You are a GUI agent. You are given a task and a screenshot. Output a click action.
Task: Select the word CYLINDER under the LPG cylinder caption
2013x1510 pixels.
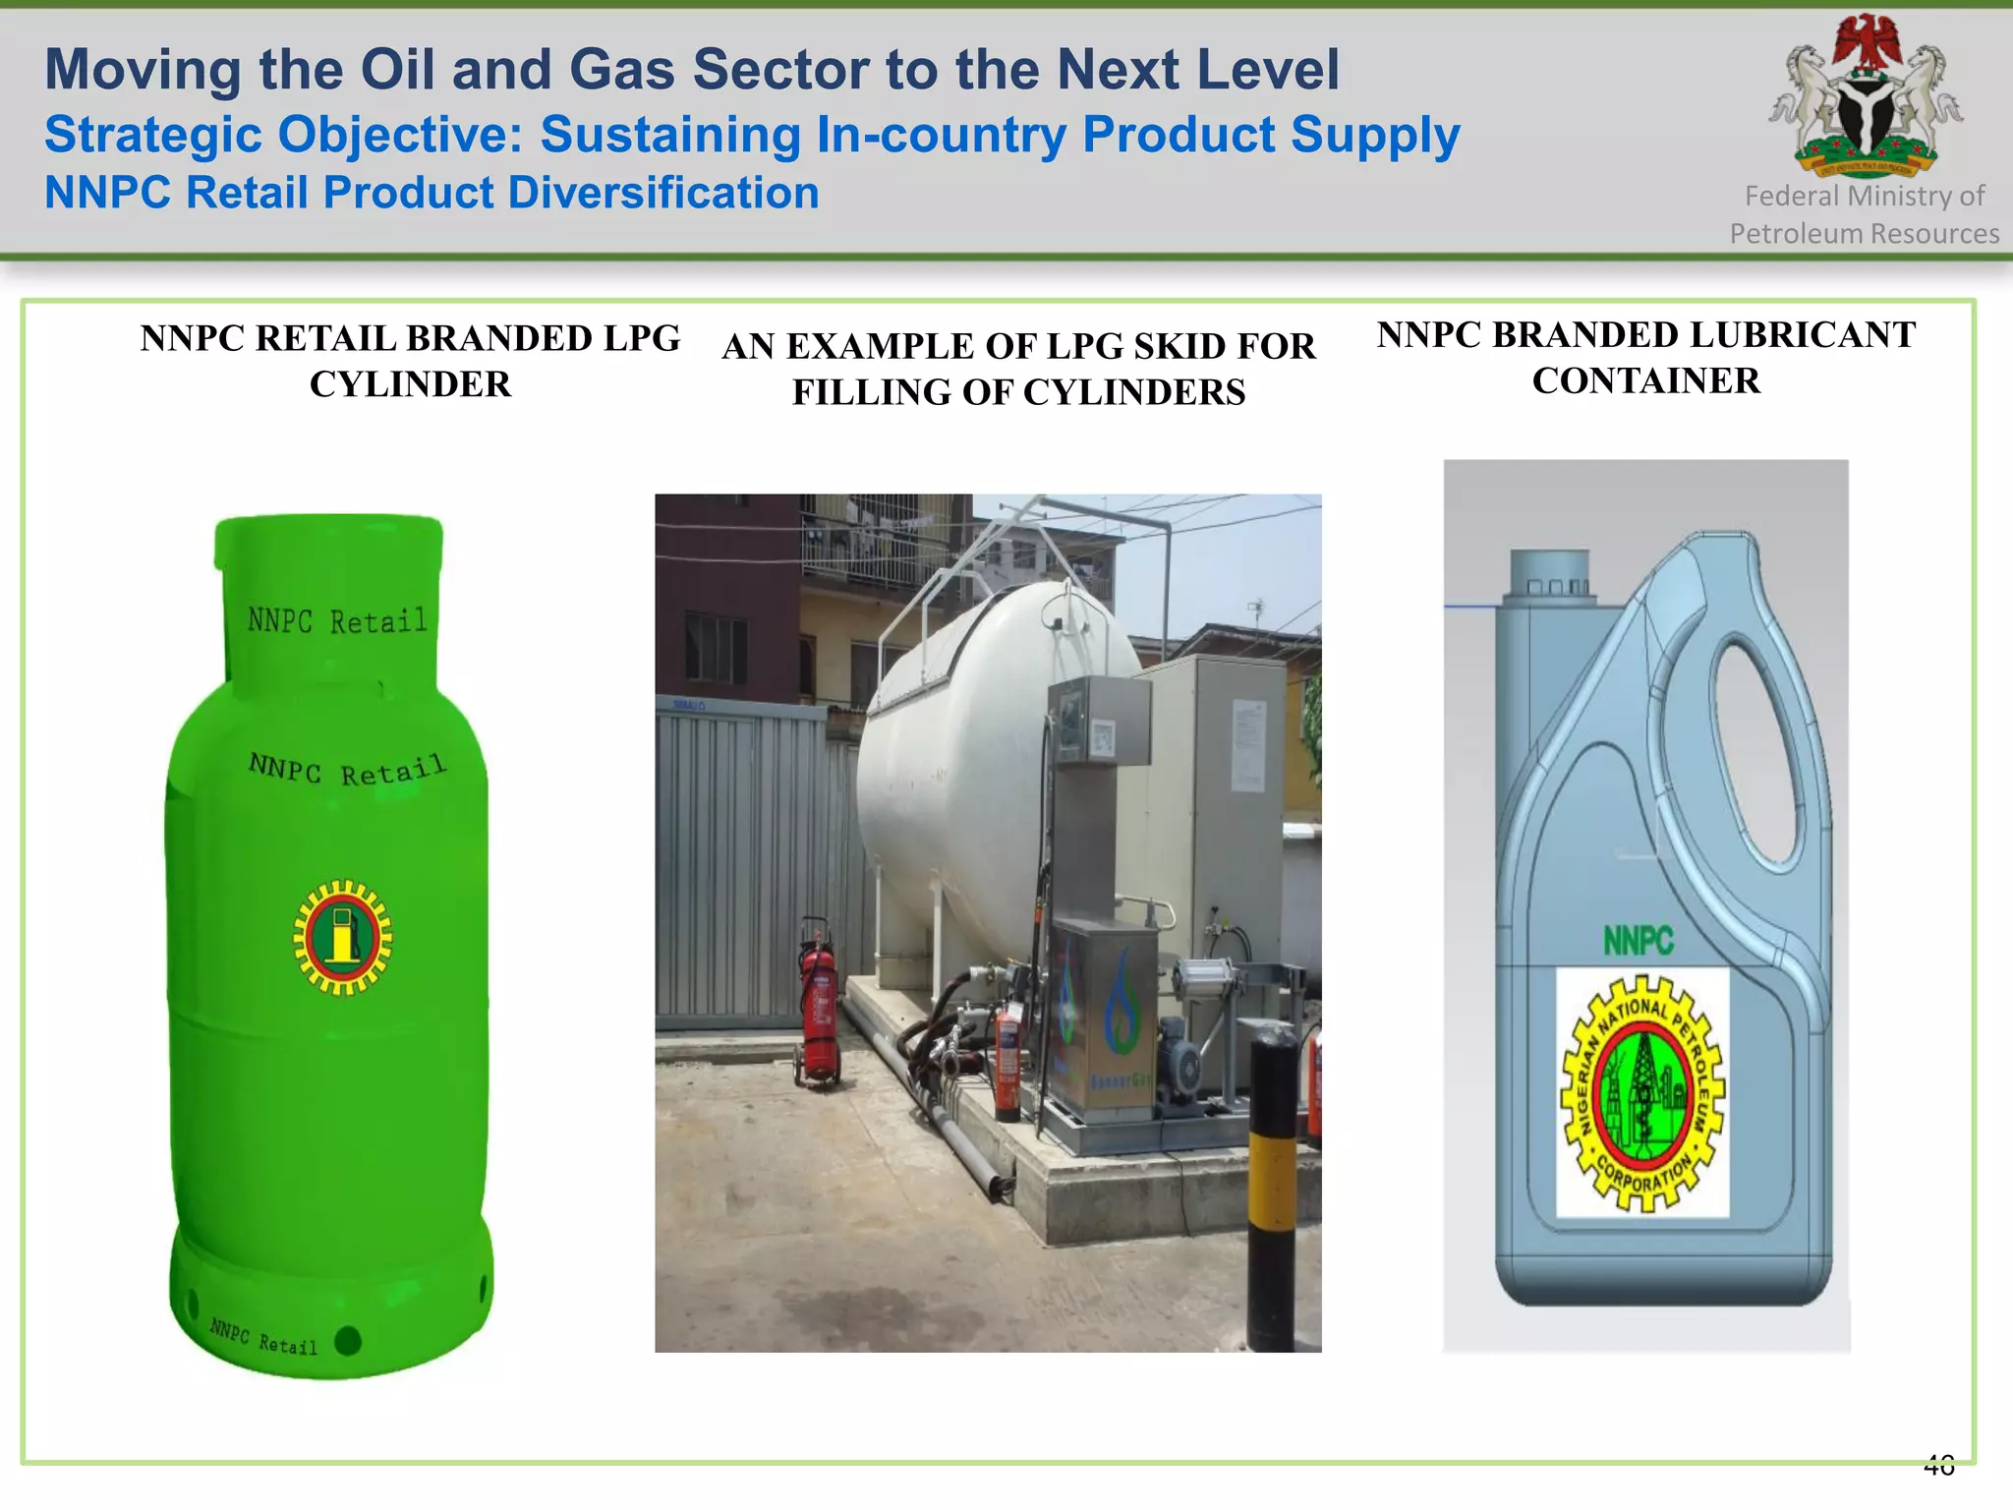410,384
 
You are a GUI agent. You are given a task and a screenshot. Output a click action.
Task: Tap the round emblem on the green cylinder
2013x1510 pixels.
342,937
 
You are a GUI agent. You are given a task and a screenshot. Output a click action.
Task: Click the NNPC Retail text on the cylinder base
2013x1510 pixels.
263,1337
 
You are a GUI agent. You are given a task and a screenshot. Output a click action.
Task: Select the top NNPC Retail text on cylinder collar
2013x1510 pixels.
337,620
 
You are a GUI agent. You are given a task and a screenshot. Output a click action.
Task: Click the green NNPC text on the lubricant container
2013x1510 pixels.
1638,941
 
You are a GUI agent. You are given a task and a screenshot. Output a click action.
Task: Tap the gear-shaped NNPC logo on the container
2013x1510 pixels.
1642,1092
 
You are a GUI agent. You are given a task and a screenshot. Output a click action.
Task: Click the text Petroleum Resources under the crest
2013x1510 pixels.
1864,234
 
